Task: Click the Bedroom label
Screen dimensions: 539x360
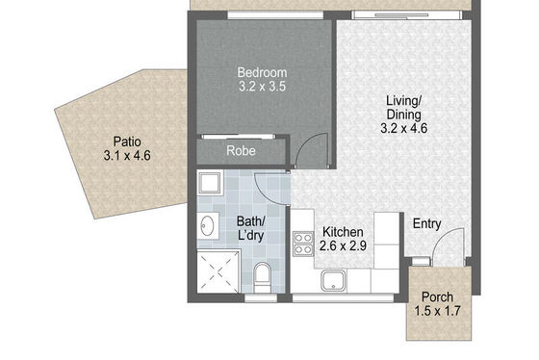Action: (x=262, y=72)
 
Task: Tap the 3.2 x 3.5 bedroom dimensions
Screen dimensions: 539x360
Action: (x=262, y=87)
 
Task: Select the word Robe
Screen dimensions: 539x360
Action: (x=241, y=150)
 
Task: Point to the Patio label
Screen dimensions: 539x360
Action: (x=127, y=141)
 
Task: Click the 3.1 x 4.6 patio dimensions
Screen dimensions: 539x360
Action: (x=127, y=155)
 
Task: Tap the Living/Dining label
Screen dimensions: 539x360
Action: (x=404, y=108)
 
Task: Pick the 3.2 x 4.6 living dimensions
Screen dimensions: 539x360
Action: (x=404, y=128)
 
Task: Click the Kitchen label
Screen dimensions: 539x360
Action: (x=343, y=232)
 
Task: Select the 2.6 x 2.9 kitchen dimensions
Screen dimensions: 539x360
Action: (x=343, y=245)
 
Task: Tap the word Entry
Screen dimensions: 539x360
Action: (x=427, y=224)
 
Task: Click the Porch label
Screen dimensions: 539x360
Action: (x=437, y=296)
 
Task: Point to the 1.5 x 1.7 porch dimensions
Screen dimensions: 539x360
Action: (x=437, y=311)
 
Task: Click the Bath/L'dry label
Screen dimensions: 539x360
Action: (x=251, y=229)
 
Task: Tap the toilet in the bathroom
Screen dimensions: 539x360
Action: (x=262, y=277)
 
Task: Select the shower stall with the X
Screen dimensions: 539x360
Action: (x=218, y=271)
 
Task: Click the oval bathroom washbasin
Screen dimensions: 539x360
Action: (x=207, y=226)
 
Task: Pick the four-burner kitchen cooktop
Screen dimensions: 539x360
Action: (x=303, y=244)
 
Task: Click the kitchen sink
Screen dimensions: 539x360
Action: (x=333, y=279)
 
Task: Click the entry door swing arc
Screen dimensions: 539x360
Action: (x=443, y=237)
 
